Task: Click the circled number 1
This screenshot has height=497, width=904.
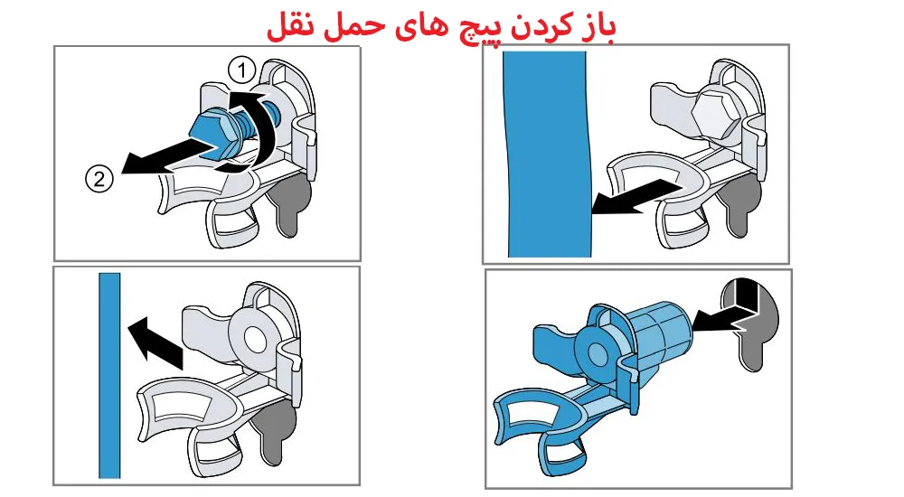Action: coord(240,67)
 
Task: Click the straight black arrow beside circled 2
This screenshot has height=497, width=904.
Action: coord(154,161)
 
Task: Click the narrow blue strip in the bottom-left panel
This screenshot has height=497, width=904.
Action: coord(109,374)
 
